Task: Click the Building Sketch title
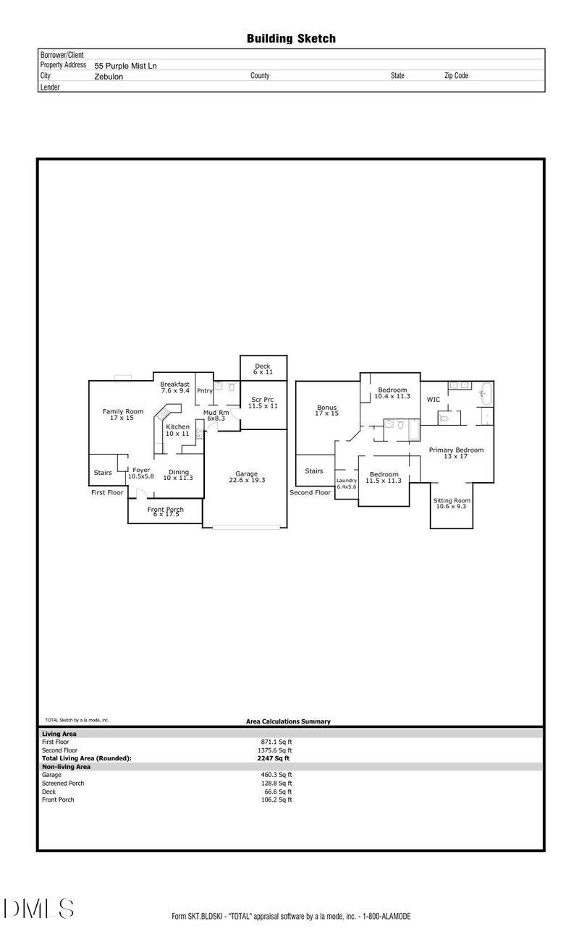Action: point(291,38)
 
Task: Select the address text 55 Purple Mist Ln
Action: point(125,65)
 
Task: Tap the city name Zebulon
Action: point(109,76)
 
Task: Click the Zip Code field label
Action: point(456,75)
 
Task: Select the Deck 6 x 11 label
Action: point(263,369)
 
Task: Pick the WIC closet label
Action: point(434,399)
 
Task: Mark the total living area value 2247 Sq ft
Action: point(273,758)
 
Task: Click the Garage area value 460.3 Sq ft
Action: point(276,775)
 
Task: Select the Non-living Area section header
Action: point(66,766)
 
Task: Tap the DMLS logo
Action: point(38,908)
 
